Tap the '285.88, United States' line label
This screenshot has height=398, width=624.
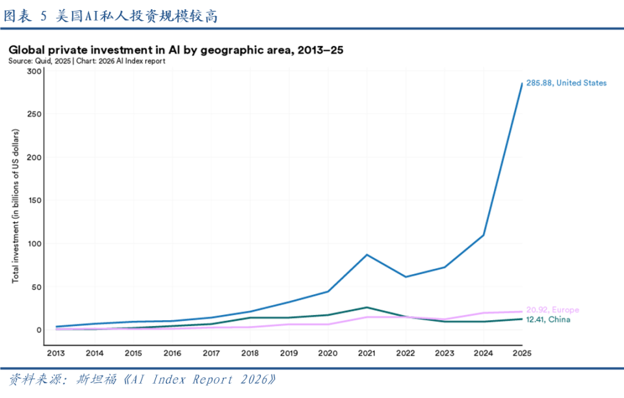pos(566,82)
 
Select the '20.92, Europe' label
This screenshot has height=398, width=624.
pos(552,310)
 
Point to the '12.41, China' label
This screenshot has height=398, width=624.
pos(548,319)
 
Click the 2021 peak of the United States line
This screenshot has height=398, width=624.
pos(367,255)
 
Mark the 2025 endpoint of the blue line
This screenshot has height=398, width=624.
pos(522,83)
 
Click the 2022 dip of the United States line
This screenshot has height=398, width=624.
pos(406,277)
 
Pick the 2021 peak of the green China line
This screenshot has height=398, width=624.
pos(367,307)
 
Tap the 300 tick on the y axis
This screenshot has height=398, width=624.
pos(34,71)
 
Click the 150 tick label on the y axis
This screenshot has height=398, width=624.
pos(34,201)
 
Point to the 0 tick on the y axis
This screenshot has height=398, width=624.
pos(38,330)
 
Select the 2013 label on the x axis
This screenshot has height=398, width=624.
pos(56,353)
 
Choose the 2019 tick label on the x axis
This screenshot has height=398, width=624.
pos(289,353)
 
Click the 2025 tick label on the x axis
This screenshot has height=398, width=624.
pos(522,353)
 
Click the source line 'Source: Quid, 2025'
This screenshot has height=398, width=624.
pos(40,61)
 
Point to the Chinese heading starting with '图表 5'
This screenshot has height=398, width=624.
pos(110,16)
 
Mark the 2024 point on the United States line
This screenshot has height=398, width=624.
pos(483,235)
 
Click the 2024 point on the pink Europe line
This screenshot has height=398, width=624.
pos(483,313)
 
